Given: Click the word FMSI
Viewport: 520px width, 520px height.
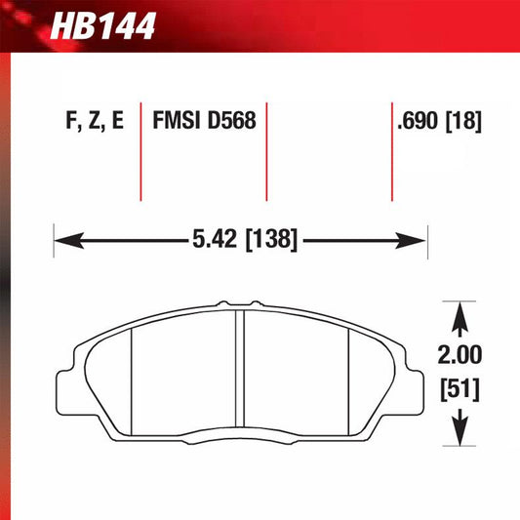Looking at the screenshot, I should coord(176,122).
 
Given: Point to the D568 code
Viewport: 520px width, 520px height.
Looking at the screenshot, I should coord(230,122).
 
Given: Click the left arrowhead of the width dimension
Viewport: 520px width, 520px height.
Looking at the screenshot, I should coord(61,238).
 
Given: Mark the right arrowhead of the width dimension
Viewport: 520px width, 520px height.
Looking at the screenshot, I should coord(420,238).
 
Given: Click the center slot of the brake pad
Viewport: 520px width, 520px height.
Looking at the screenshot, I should coord(238,371).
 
